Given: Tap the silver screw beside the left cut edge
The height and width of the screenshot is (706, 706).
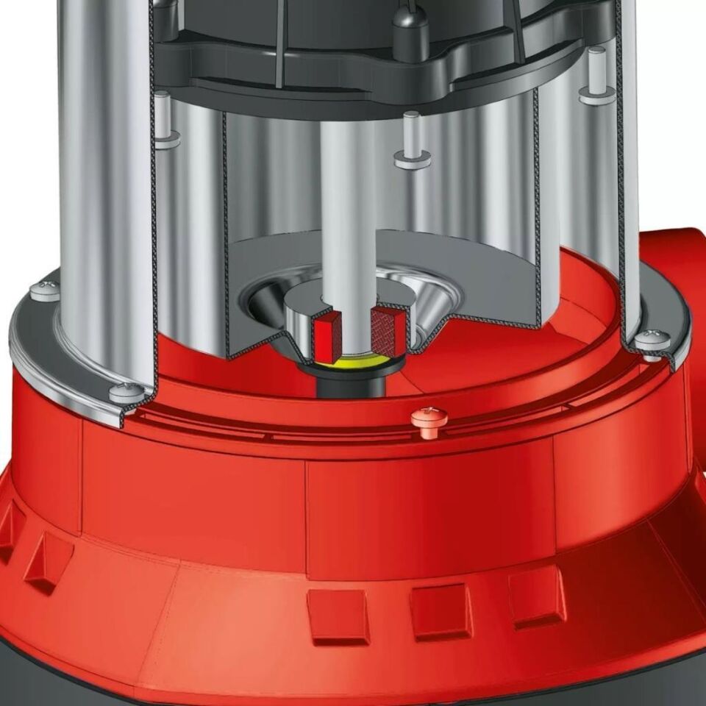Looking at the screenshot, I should tap(127, 392).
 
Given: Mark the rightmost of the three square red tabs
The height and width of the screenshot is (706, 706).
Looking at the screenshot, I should tap(537, 596).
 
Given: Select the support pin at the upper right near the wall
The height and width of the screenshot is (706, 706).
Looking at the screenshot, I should tap(597, 94).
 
